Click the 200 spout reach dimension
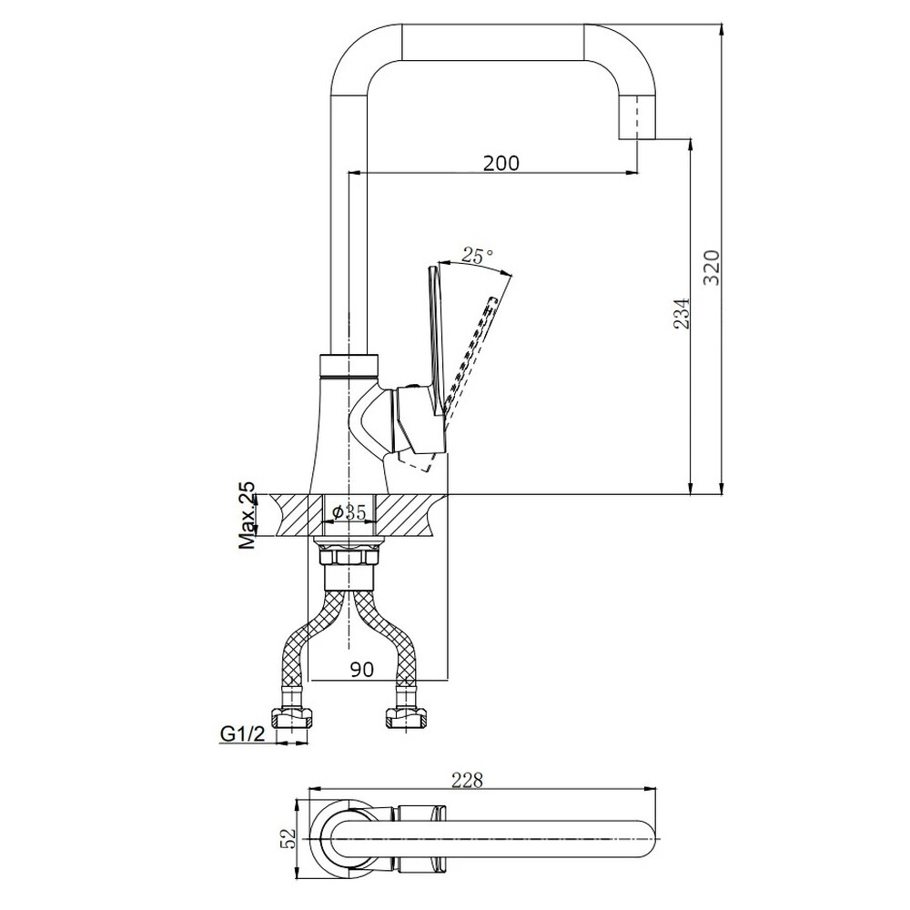point(501,164)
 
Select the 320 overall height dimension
point(712,268)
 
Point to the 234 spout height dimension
point(682,313)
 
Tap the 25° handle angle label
point(478,255)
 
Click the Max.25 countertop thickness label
point(248,515)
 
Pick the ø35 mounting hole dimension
point(349,512)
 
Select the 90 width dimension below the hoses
point(361,669)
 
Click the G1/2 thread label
point(243,734)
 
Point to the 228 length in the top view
point(468,781)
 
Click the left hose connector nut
point(293,718)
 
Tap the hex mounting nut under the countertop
point(349,558)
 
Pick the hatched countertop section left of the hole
point(298,515)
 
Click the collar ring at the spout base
point(349,366)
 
